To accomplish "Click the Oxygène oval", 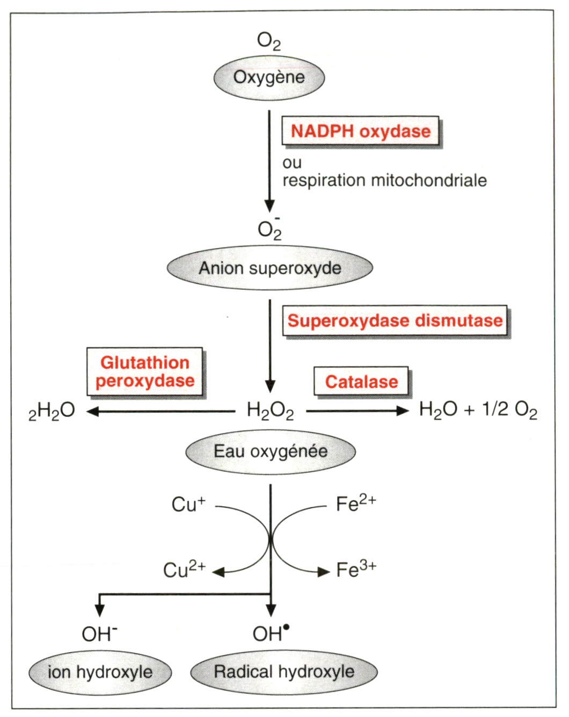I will (269, 78).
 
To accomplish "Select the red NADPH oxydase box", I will (360, 131).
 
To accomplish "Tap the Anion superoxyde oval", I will (269, 268).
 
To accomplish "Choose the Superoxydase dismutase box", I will (395, 321).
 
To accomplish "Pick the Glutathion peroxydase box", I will (145, 372).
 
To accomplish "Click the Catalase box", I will (361, 382).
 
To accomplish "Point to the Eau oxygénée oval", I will (271, 451).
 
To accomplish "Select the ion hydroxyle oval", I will (100, 672).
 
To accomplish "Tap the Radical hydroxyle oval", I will (284, 672).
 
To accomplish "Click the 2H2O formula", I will (52, 412).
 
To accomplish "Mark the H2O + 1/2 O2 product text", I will (478, 411).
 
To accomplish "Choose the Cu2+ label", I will (184, 569).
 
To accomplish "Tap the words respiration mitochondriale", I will (384, 180).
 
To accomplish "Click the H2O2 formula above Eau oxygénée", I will (270, 411).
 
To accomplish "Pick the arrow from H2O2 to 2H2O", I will (161, 412).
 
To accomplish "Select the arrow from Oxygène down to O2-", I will (270, 161).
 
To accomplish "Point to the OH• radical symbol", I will (271, 634).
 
